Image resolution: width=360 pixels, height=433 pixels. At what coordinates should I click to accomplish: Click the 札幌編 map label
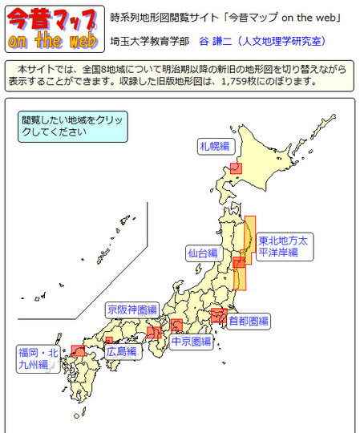215,146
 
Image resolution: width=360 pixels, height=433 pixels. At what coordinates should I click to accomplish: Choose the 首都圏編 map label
248,321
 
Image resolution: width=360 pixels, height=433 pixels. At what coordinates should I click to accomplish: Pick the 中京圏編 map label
192,342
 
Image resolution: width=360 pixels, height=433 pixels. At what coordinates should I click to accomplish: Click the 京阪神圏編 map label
131,309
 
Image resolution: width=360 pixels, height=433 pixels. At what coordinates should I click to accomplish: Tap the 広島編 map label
121,351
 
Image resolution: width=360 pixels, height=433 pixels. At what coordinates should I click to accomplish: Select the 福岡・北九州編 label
38,358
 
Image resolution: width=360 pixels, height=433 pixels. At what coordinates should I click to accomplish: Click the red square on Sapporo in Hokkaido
236,168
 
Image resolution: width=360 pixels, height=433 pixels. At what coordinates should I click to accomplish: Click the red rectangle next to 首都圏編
218,316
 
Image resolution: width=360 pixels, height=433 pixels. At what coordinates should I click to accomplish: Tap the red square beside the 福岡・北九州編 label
78,350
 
